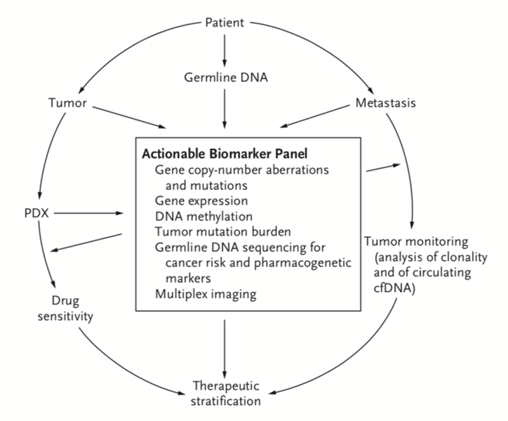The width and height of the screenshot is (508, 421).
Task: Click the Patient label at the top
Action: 224,23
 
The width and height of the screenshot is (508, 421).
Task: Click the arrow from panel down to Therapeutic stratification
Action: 224,347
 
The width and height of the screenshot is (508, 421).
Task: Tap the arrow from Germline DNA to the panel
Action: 224,108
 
